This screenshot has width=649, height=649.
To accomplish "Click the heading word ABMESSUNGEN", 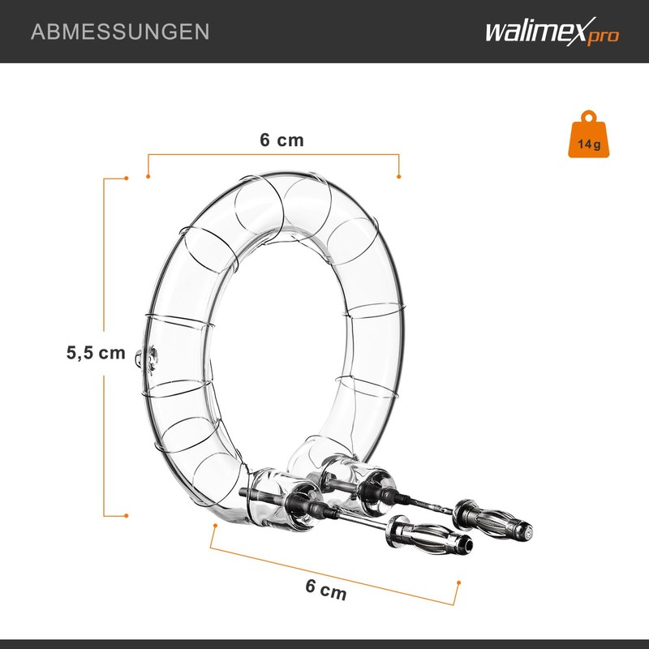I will (x=119, y=32).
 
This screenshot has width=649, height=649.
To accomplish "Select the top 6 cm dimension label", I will (x=282, y=140).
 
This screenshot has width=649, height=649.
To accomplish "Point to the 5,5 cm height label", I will (x=96, y=353).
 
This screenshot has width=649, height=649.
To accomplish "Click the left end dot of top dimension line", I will (x=148, y=176).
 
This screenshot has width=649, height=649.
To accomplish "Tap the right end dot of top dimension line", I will (x=399, y=176).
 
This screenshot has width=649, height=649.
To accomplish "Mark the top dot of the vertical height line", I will (x=127, y=178).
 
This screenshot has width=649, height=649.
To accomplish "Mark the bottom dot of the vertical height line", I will (x=127, y=514).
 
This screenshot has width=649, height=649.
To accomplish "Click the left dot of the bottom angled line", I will (x=214, y=525).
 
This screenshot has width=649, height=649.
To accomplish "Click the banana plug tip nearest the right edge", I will (x=526, y=535).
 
